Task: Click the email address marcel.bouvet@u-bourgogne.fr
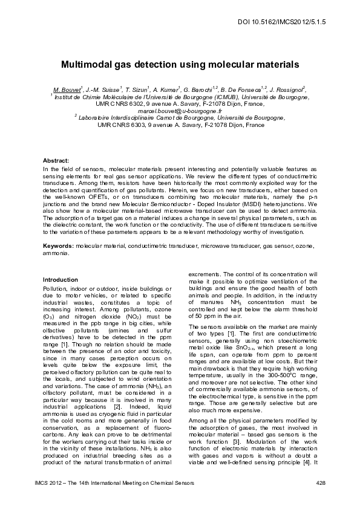[x=180, y=111]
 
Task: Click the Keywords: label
[x=57, y=247]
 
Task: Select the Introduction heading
[x=60, y=280]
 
